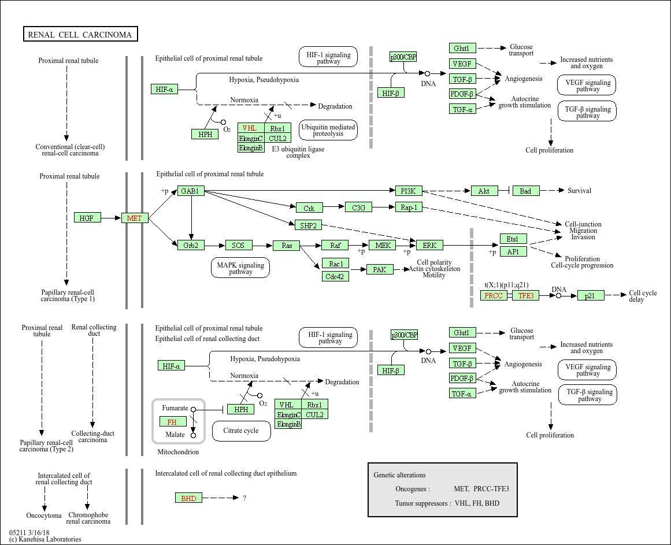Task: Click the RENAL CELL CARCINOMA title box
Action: [80, 35]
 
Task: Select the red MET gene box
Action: [135, 218]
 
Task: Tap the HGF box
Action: [87, 218]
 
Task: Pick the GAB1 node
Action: [191, 191]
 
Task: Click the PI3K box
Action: [409, 191]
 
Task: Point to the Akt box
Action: [484, 191]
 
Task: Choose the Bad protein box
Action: [525, 191]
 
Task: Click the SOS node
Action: [239, 246]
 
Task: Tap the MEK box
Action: [382, 246]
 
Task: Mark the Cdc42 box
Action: [336, 276]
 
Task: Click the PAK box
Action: [380, 269]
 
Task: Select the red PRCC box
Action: [494, 295]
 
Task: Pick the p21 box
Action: [590, 295]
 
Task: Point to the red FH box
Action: [172, 422]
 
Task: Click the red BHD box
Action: [188, 498]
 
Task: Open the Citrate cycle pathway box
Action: [241, 431]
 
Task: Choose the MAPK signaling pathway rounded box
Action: [240, 268]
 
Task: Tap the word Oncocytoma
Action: [44, 516]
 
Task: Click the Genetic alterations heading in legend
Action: [399, 475]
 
